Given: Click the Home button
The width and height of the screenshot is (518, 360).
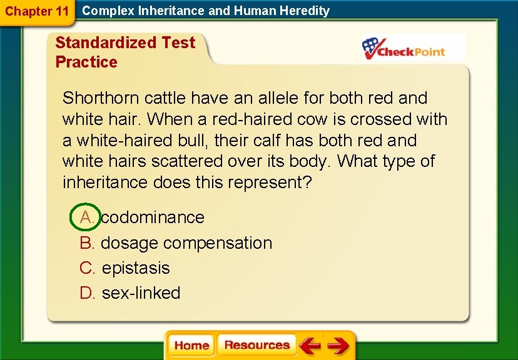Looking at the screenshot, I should pos(191,346).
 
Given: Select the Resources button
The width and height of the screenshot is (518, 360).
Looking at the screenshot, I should pos(256,346).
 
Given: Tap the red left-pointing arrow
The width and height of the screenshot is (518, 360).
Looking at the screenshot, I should pos(309,346).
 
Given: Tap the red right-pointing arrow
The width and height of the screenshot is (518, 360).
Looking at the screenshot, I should pos(338,346).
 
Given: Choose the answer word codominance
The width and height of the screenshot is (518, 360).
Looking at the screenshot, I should pos(153,217).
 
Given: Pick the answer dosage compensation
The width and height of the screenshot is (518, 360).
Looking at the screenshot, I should pos(186,243).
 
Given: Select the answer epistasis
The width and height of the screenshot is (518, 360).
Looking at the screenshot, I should pos(136,268).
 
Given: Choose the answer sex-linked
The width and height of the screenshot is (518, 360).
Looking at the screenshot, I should pos(141,293).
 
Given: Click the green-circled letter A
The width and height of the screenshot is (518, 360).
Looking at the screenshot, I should pos(86,217).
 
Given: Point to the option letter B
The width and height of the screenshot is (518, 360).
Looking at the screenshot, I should pos(86,243).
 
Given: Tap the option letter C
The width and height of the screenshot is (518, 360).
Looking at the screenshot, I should pos(86,268).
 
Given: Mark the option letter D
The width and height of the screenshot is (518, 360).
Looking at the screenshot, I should pos(86,293).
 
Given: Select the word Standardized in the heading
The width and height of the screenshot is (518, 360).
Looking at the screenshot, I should pos(106,42).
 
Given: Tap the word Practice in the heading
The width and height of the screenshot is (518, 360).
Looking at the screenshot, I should pos(86,62).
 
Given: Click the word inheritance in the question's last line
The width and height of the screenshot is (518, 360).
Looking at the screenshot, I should pos(105,183).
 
